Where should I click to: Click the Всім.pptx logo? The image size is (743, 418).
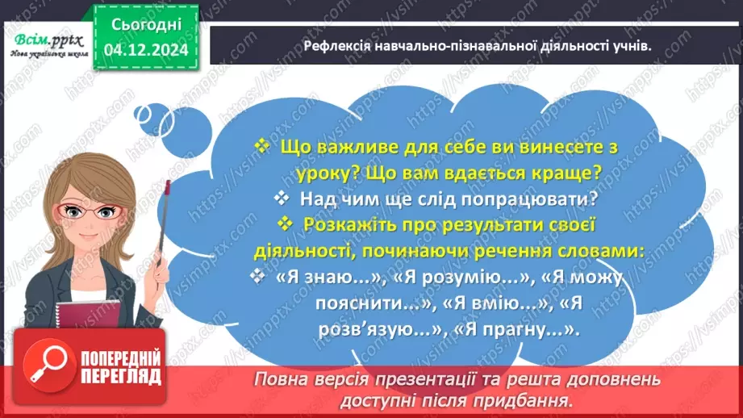(45, 36)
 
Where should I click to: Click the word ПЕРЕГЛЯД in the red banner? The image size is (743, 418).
(120, 375)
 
